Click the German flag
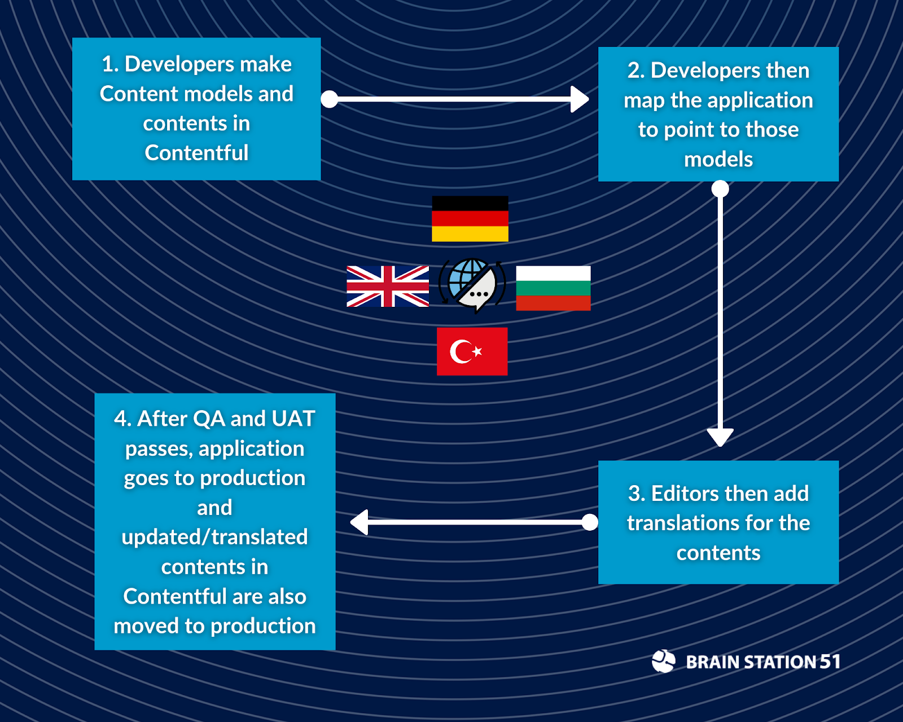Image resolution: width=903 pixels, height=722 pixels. pyautogui.click(x=470, y=219)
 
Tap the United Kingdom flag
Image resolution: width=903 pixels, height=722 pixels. pyautogui.click(x=388, y=287)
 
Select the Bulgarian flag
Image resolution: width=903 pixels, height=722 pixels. pyautogui.click(x=553, y=288)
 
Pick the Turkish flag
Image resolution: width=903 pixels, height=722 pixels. pyautogui.click(x=472, y=351)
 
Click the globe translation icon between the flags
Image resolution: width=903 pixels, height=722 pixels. pyautogui.click(x=472, y=285)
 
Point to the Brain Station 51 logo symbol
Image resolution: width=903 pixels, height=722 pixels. pyautogui.click(x=663, y=661)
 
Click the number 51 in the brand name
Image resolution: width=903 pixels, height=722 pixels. pyautogui.click(x=830, y=661)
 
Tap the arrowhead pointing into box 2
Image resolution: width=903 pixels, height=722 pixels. pyautogui.click(x=580, y=99)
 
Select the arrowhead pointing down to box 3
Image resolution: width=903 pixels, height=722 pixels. pyautogui.click(x=720, y=437)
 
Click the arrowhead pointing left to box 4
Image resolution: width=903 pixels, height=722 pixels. pyautogui.click(x=360, y=522)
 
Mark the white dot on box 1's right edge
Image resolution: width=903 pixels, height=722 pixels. pyautogui.click(x=330, y=99)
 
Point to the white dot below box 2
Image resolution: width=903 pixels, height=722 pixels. pyautogui.click(x=720, y=189)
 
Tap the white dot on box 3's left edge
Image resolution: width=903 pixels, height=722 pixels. pyautogui.click(x=590, y=522)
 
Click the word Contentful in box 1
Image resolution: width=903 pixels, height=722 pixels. pyautogui.click(x=196, y=153)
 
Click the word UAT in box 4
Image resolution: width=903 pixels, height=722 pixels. pyautogui.click(x=293, y=419)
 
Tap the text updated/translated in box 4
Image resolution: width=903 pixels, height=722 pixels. pyautogui.click(x=214, y=537)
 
